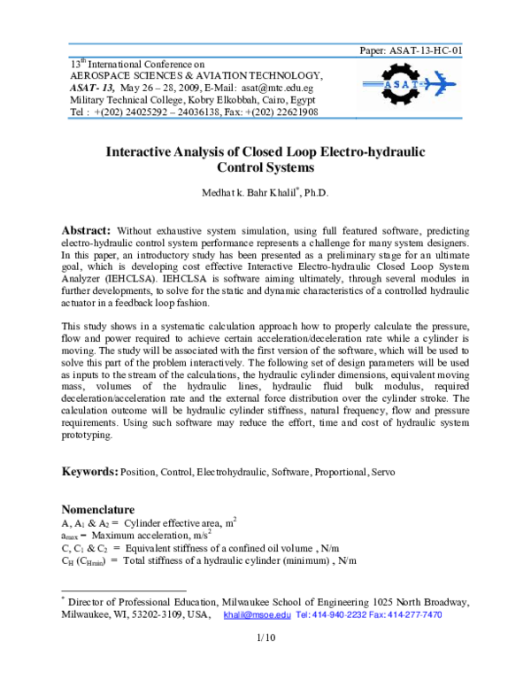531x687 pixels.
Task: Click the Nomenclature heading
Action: click(97, 511)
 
